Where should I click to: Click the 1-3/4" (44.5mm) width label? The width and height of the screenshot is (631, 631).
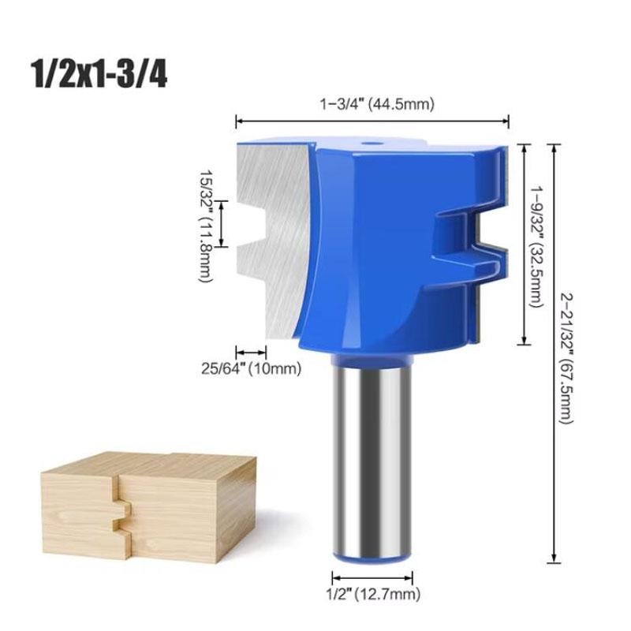click(x=372, y=103)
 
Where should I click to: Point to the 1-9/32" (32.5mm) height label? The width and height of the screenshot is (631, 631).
click(x=539, y=245)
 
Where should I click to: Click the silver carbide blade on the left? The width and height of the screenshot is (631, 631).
click(x=268, y=237)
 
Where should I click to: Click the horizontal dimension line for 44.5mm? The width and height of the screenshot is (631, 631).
click(x=372, y=120)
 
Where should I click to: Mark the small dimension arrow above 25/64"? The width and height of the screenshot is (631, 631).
click(x=252, y=353)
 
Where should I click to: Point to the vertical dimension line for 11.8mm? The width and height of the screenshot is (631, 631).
click(x=222, y=223)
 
